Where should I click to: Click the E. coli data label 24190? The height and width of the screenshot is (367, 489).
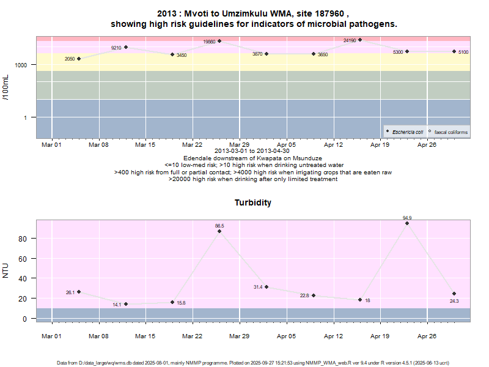click(350, 40)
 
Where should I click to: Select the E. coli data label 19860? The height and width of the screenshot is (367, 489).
click(209, 42)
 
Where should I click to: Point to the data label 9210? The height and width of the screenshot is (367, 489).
click(116, 48)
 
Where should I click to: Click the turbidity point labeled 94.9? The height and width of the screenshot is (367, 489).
click(407, 223)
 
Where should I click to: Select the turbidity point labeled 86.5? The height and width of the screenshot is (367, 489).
click(219, 231)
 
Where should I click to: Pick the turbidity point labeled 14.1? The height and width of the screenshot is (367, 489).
click(126, 304)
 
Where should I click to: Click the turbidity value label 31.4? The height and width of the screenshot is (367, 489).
click(258, 287)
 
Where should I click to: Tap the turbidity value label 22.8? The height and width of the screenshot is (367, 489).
click(304, 295)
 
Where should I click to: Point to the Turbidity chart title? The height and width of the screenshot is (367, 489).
click(253, 202)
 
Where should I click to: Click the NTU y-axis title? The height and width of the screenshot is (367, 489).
click(6, 269)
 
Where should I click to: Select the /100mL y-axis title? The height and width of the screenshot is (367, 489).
click(6, 87)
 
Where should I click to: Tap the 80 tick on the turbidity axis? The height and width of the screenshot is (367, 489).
click(24, 239)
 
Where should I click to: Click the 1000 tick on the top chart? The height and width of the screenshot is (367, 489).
click(21, 65)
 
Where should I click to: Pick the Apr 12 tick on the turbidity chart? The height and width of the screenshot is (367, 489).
click(333, 335)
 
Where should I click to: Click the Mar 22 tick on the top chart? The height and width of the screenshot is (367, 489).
click(192, 145)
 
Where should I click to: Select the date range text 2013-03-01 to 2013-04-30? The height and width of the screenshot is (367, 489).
click(253, 151)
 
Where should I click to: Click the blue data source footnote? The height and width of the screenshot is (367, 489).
click(253, 363)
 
